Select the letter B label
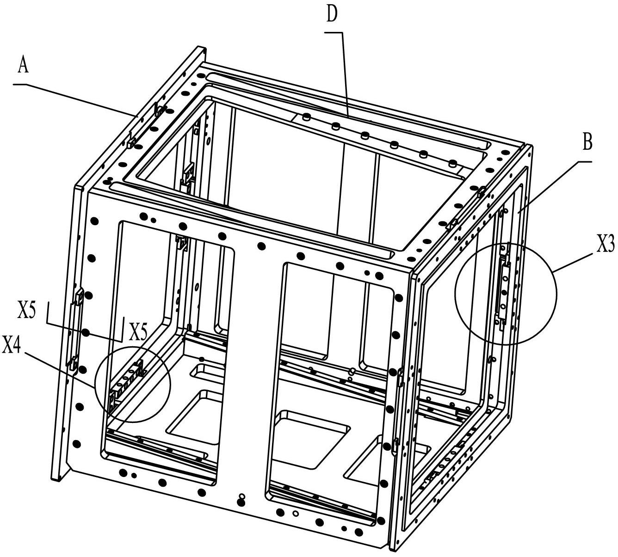587,144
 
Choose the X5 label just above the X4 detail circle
138,331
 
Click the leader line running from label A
79,98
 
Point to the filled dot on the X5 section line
85,332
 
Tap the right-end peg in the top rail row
452,163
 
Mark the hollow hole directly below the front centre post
241,496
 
